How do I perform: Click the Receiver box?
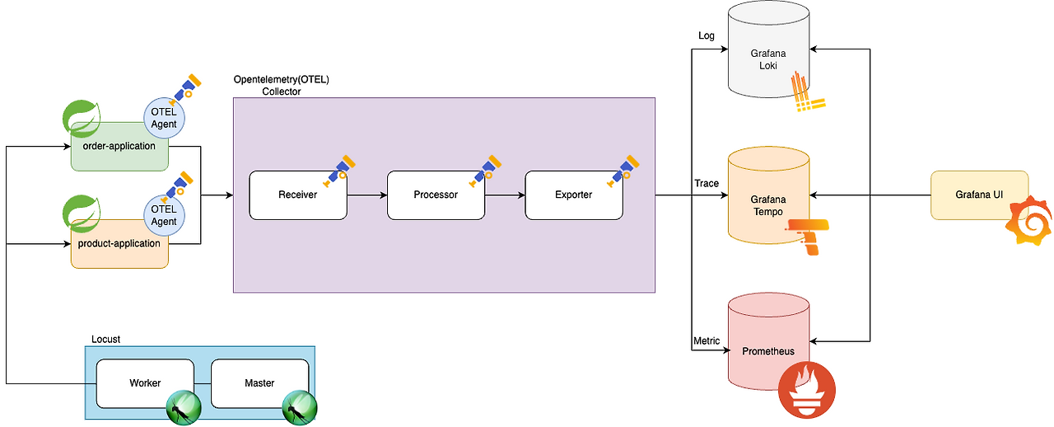298,195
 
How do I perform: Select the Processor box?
436,195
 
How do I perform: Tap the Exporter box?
574,195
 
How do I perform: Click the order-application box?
119,147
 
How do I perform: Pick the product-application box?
119,244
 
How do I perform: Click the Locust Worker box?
145,383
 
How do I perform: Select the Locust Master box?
259,383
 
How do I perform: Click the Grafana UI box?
979,195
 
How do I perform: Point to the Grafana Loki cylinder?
768,49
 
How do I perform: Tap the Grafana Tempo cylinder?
768,195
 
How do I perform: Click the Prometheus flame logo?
806,390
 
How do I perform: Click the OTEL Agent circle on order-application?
164,118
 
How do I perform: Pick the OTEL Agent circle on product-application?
164,215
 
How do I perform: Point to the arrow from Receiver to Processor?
367,195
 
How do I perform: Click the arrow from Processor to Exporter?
505,195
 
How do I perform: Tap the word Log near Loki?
707,35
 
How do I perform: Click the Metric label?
707,340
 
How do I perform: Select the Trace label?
707,183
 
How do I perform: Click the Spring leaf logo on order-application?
82,118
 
